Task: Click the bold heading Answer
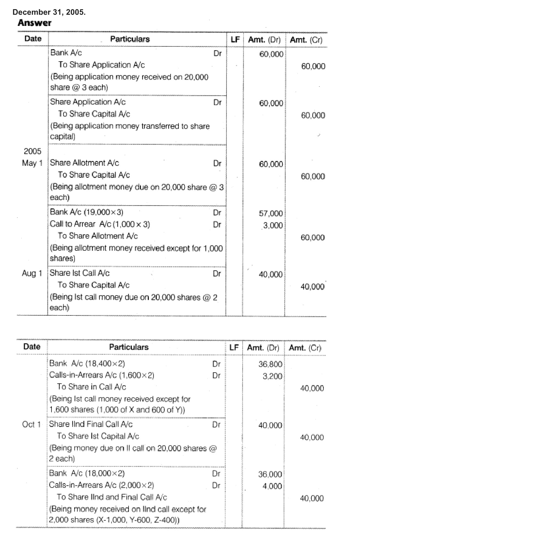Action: [34, 23]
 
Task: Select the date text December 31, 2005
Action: [49, 12]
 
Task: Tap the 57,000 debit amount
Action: [271, 213]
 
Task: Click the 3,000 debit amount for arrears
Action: [273, 225]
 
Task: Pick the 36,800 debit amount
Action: [270, 364]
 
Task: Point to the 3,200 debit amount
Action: [272, 376]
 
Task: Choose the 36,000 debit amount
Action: [270, 474]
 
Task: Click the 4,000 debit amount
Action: [272, 486]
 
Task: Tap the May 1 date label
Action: [32, 163]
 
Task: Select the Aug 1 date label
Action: [32, 273]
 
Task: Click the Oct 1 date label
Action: [31, 424]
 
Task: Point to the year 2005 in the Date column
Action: [32, 151]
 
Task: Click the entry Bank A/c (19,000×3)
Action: [87, 212]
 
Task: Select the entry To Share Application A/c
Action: [101, 65]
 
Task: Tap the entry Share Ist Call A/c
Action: [80, 273]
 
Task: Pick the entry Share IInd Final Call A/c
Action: [91, 424]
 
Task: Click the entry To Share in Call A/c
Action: [91, 387]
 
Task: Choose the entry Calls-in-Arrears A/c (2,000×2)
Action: [101, 485]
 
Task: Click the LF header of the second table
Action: [234, 348]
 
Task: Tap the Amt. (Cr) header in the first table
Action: [306, 40]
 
